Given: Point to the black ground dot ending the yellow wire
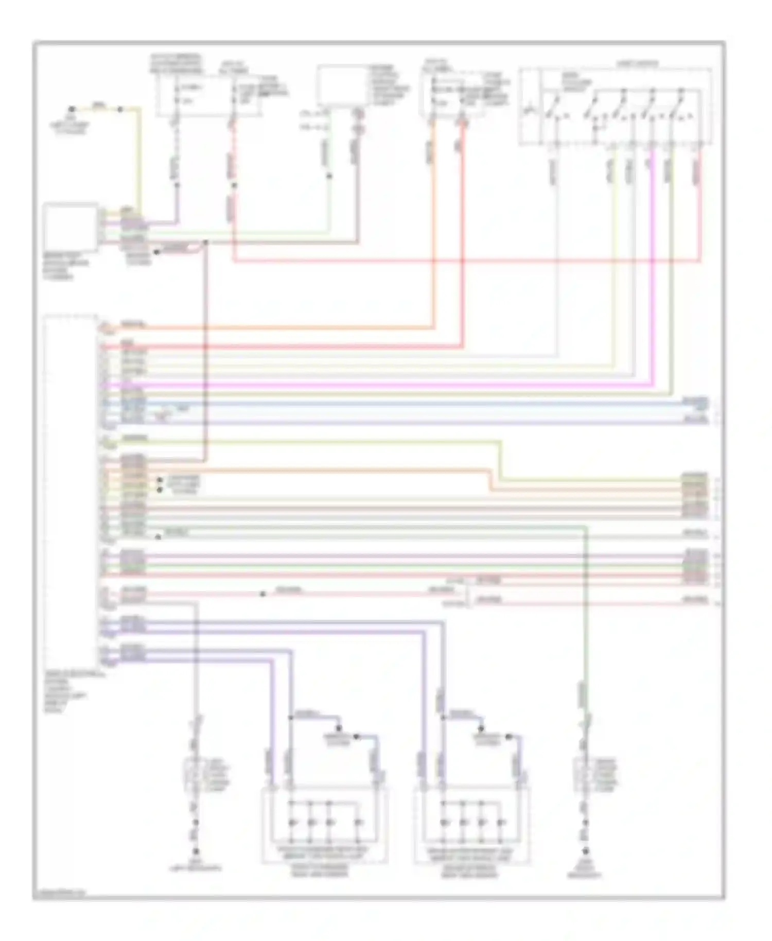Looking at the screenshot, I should click(x=72, y=109).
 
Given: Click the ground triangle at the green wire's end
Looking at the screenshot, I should click(x=585, y=851).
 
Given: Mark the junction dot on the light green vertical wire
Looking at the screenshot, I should click(x=329, y=176).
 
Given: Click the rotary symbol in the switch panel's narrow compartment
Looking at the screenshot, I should click(x=528, y=110).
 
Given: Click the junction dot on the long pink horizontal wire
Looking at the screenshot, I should click(x=262, y=594).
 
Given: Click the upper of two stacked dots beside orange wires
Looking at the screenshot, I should click(x=160, y=480).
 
